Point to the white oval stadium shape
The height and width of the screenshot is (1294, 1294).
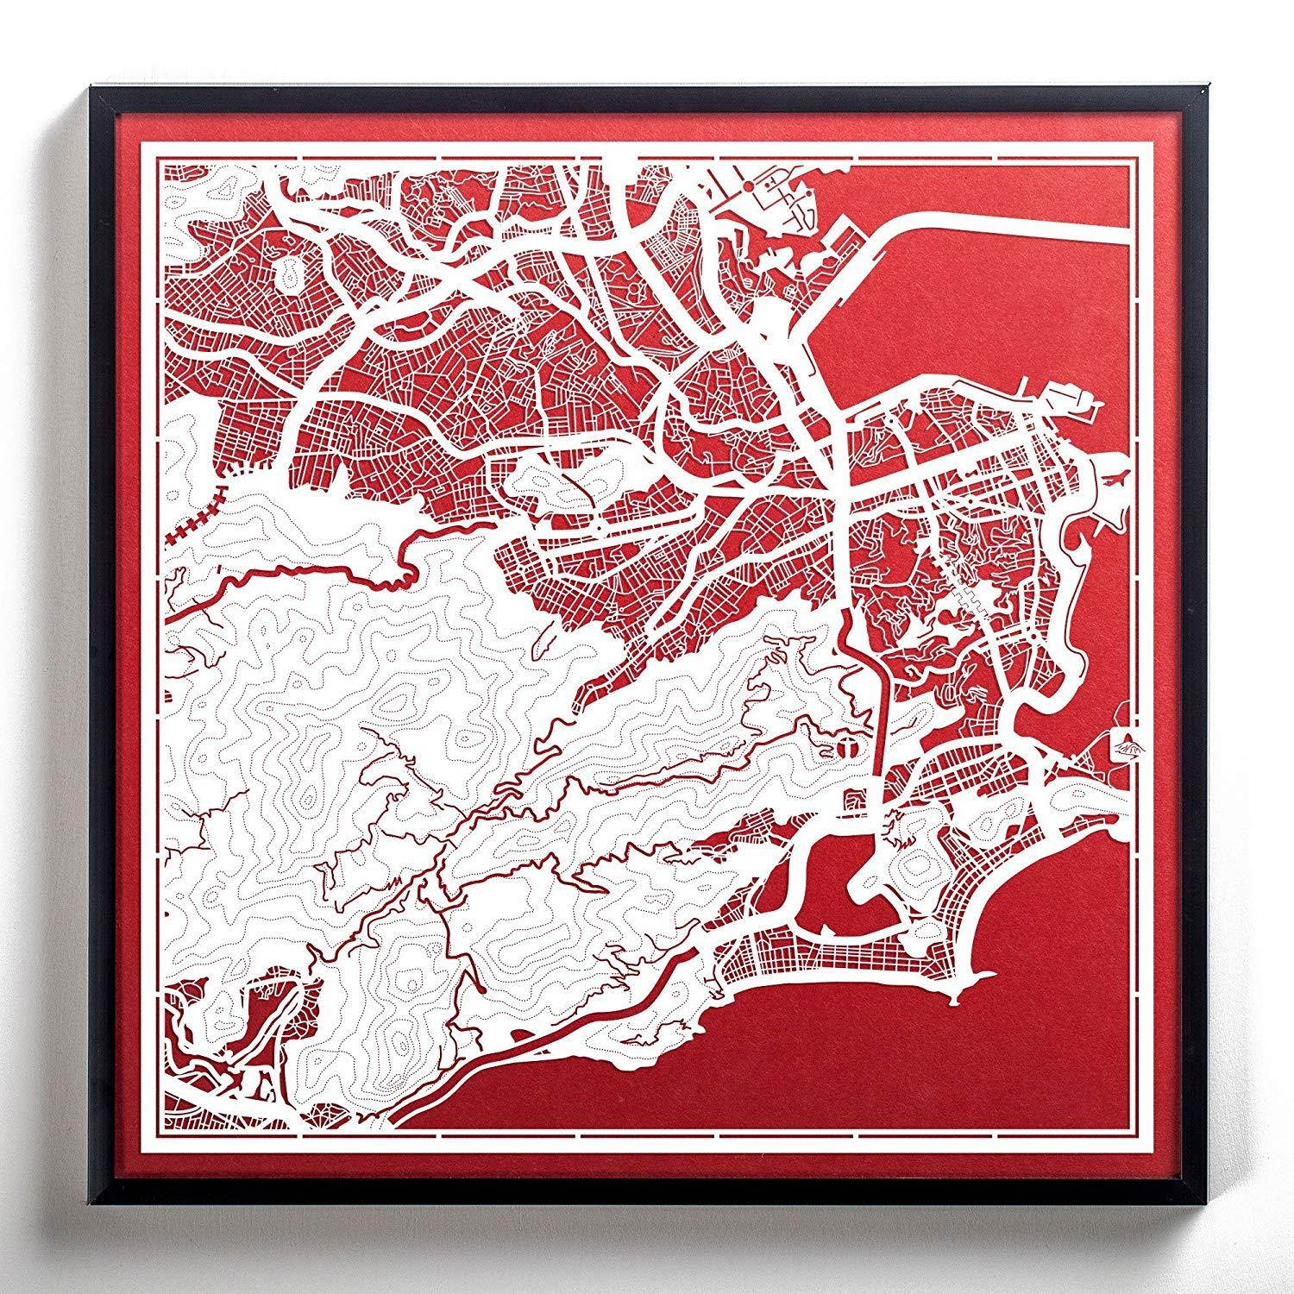coord(285,274)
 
